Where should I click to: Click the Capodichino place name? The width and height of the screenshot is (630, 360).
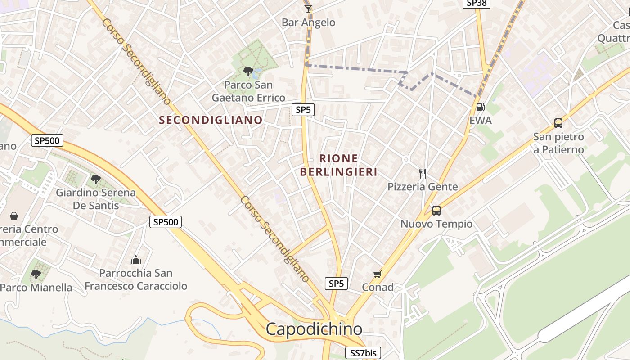click(314, 329)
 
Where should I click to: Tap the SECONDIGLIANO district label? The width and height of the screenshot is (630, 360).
click(211, 120)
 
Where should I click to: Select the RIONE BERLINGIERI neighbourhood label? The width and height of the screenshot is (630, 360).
click(338, 165)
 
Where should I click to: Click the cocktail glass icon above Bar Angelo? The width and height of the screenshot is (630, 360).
click(308, 9)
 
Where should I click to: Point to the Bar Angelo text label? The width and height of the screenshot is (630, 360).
click(308, 22)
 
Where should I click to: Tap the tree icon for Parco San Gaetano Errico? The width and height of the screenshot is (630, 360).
click(248, 71)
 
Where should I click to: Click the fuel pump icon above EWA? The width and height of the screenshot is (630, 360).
click(481, 107)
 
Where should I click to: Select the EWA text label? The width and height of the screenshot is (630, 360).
click(481, 121)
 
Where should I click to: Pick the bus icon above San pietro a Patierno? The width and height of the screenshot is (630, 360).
click(558, 123)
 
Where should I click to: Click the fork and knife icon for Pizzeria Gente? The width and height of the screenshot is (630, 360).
click(422, 173)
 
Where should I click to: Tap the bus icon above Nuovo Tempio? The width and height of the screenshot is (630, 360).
click(436, 210)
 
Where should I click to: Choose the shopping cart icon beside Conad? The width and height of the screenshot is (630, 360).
click(378, 274)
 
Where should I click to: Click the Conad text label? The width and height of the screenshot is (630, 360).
click(378, 287)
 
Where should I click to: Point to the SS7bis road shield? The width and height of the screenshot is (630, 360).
click(363, 353)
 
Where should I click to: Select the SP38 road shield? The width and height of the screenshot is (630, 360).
click(477, 3)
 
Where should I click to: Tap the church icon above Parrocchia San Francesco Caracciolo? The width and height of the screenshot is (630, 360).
click(136, 260)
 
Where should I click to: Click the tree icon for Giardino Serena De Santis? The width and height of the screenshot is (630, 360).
click(95, 180)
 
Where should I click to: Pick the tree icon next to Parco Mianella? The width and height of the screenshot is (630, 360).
click(36, 274)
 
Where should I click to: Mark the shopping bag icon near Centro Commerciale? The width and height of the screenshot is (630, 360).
click(14, 216)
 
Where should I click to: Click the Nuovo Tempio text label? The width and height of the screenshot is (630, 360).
click(436, 224)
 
